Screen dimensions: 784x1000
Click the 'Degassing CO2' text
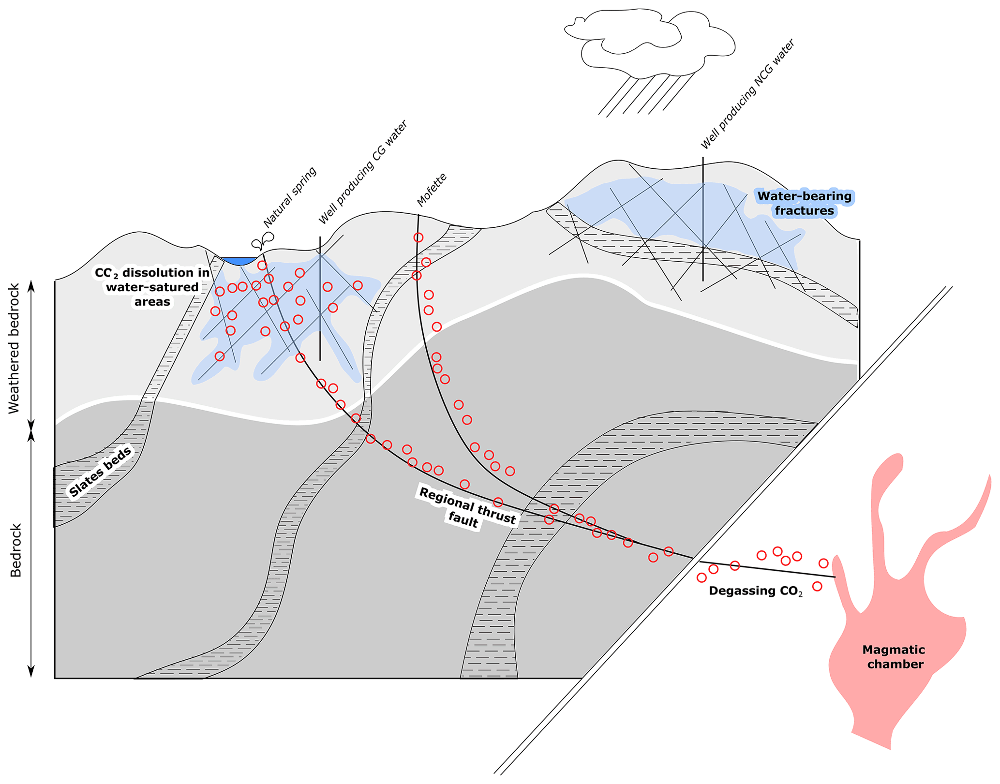pyautogui.click(x=755, y=591)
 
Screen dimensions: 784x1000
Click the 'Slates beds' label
pyautogui.click(x=100, y=472)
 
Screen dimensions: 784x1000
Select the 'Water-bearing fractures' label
pyautogui.click(x=804, y=203)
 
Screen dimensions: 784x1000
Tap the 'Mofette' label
pyautogui.click(x=432, y=190)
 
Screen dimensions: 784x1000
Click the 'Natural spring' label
pyautogui.click(x=290, y=197)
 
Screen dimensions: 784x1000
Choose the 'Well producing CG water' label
pyautogui.click(x=363, y=173)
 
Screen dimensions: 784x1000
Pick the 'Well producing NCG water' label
pyautogui.click(x=747, y=94)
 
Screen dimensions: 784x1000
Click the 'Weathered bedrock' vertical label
pyautogui.click(x=15, y=348)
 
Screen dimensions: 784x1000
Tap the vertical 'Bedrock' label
pyautogui.click(x=16, y=550)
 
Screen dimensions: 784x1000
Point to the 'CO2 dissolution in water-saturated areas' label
pyautogui.click(x=152, y=287)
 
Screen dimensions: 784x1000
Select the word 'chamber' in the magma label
pyautogui.click(x=895, y=664)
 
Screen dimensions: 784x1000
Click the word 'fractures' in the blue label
pyautogui.click(x=804, y=211)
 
